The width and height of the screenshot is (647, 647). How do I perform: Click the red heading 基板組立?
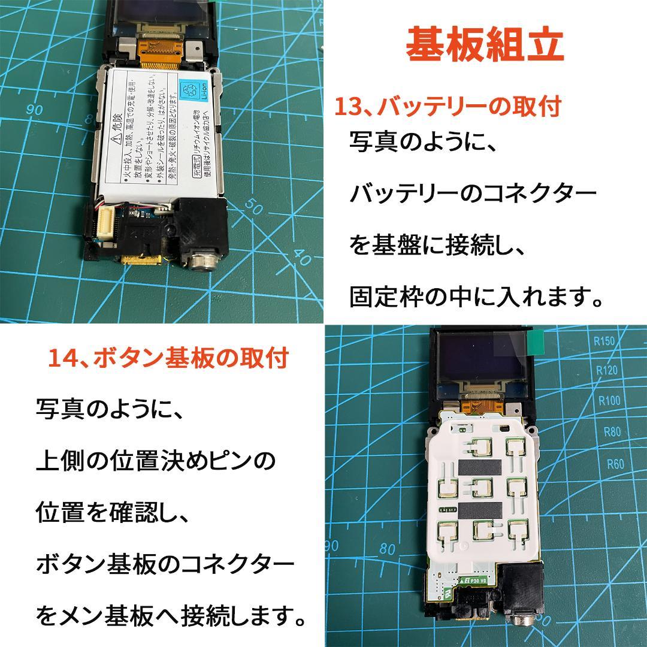point(485,45)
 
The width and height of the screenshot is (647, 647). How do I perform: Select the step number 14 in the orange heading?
point(62,358)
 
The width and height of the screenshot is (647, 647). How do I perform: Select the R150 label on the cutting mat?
point(604,342)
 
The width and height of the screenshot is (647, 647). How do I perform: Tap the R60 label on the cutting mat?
point(615,463)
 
